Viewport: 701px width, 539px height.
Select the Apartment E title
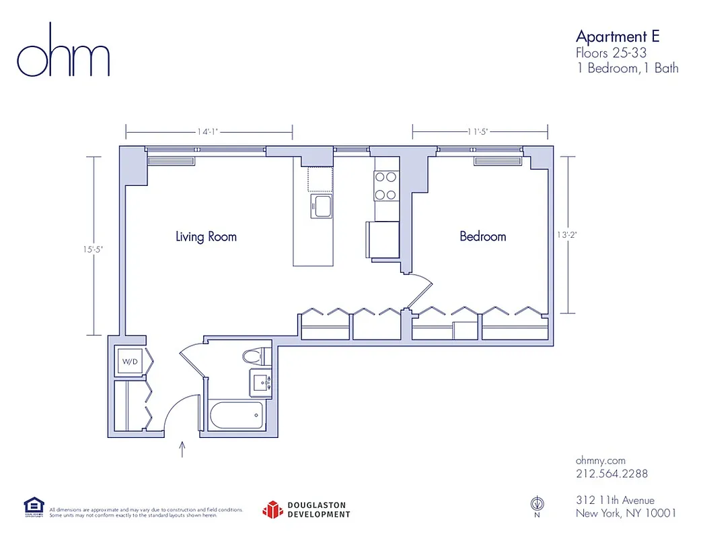618,36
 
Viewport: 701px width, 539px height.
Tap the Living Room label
206,236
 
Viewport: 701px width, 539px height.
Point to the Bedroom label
482,236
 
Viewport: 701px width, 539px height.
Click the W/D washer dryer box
129,362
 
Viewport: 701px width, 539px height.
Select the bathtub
240,416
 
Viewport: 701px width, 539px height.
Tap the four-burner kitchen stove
385,186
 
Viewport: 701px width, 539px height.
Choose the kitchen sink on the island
321,205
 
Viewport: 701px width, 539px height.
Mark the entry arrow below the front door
182,449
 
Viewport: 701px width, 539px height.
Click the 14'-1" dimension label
209,132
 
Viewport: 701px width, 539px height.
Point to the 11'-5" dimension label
480,132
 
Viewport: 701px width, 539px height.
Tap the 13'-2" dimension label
568,235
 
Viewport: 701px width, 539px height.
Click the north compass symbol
536,503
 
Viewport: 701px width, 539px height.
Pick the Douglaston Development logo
306,510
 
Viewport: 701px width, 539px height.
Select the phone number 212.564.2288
612,474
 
